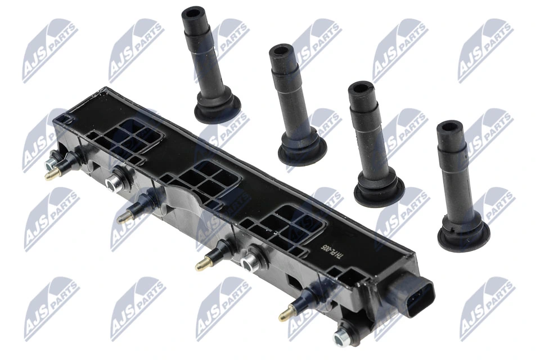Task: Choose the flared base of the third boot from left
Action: (x=378, y=191)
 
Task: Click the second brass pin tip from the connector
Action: (x=199, y=266)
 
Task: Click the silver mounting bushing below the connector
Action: (x=339, y=337)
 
